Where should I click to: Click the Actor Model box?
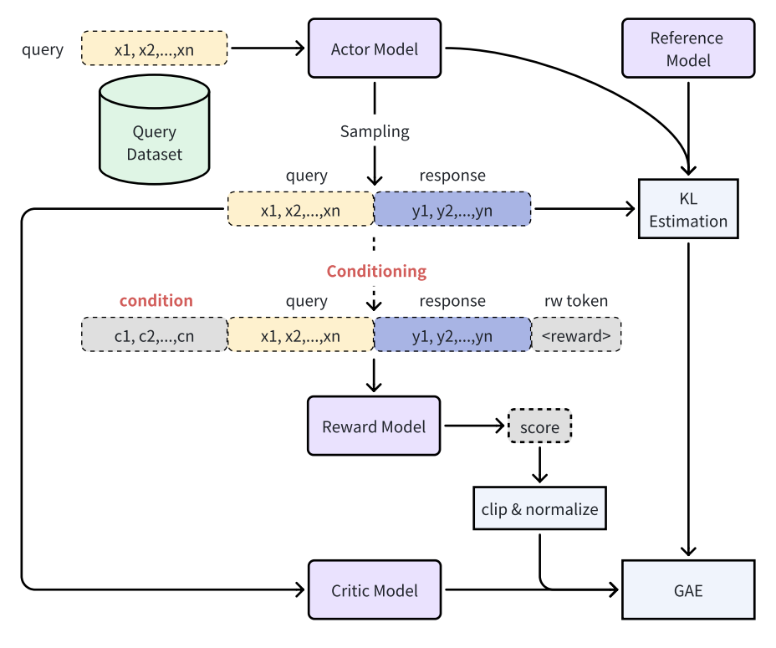coord(374,48)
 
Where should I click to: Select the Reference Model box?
coord(688,48)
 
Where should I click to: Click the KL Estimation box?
coord(688,208)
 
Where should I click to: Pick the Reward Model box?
coord(374,426)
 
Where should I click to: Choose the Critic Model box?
coord(374,590)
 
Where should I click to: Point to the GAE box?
coord(688,590)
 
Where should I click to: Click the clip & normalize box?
coord(539,508)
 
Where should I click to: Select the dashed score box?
coord(539,427)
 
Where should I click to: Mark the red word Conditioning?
coord(376,272)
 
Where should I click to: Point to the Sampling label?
coord(375,131)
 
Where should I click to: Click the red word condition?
coord(156,301)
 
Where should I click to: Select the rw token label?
coord(576,301)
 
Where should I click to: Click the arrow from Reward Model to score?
coord(475,426)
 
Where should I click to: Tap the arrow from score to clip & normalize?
coord(539,464)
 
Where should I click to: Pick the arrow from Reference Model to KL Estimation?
coord(688,125)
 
